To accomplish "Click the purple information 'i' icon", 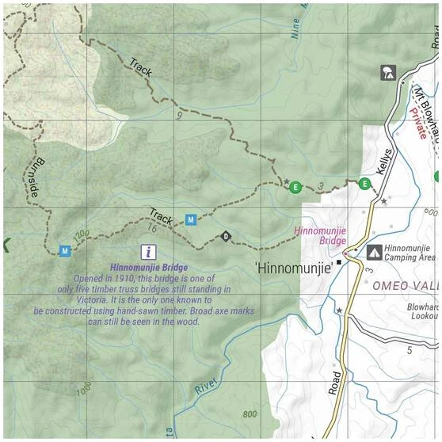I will [147, 252].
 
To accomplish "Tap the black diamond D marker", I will [226, 236].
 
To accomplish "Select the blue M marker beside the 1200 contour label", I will [65, 251].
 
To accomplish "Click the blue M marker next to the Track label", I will [190, 219].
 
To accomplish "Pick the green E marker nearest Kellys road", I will [364, 184].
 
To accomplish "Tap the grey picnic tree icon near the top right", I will [388, 73].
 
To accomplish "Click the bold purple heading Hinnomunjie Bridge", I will [150, 268].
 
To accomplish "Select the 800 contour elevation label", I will [250, 413].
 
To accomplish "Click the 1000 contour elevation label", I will [84, 391].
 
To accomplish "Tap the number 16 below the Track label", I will [153, 228].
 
